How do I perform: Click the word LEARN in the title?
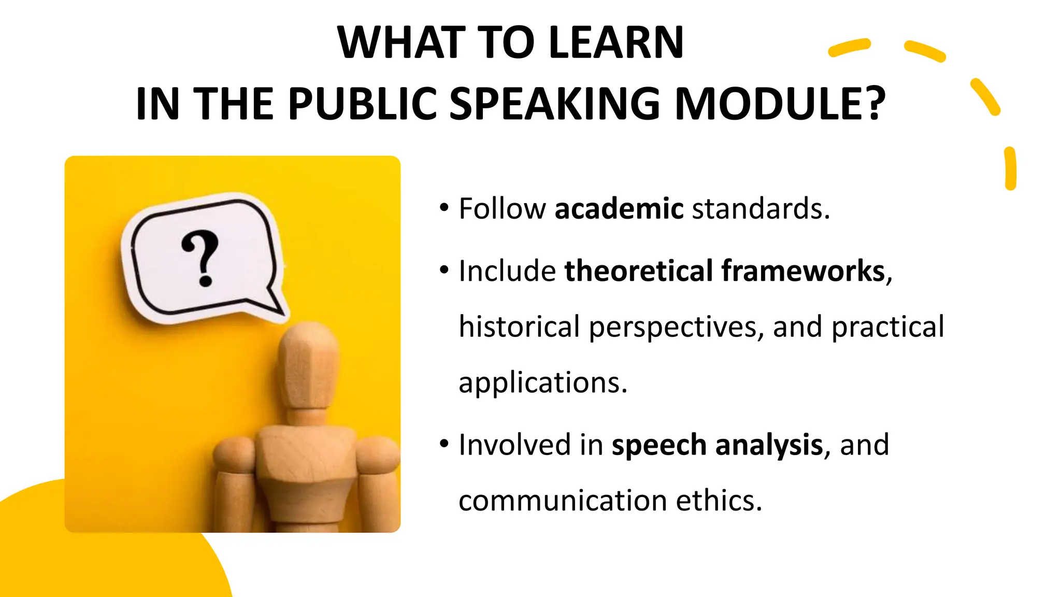pos(616,42)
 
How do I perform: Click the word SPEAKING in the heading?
pos(555,104)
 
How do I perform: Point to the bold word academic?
pos(619,208)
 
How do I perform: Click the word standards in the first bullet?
pos(760,208)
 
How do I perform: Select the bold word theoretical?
pos(638,271)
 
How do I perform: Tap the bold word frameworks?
pos(803,271)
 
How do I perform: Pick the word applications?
pos(542,382)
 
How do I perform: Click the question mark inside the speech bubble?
pos(202,258)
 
